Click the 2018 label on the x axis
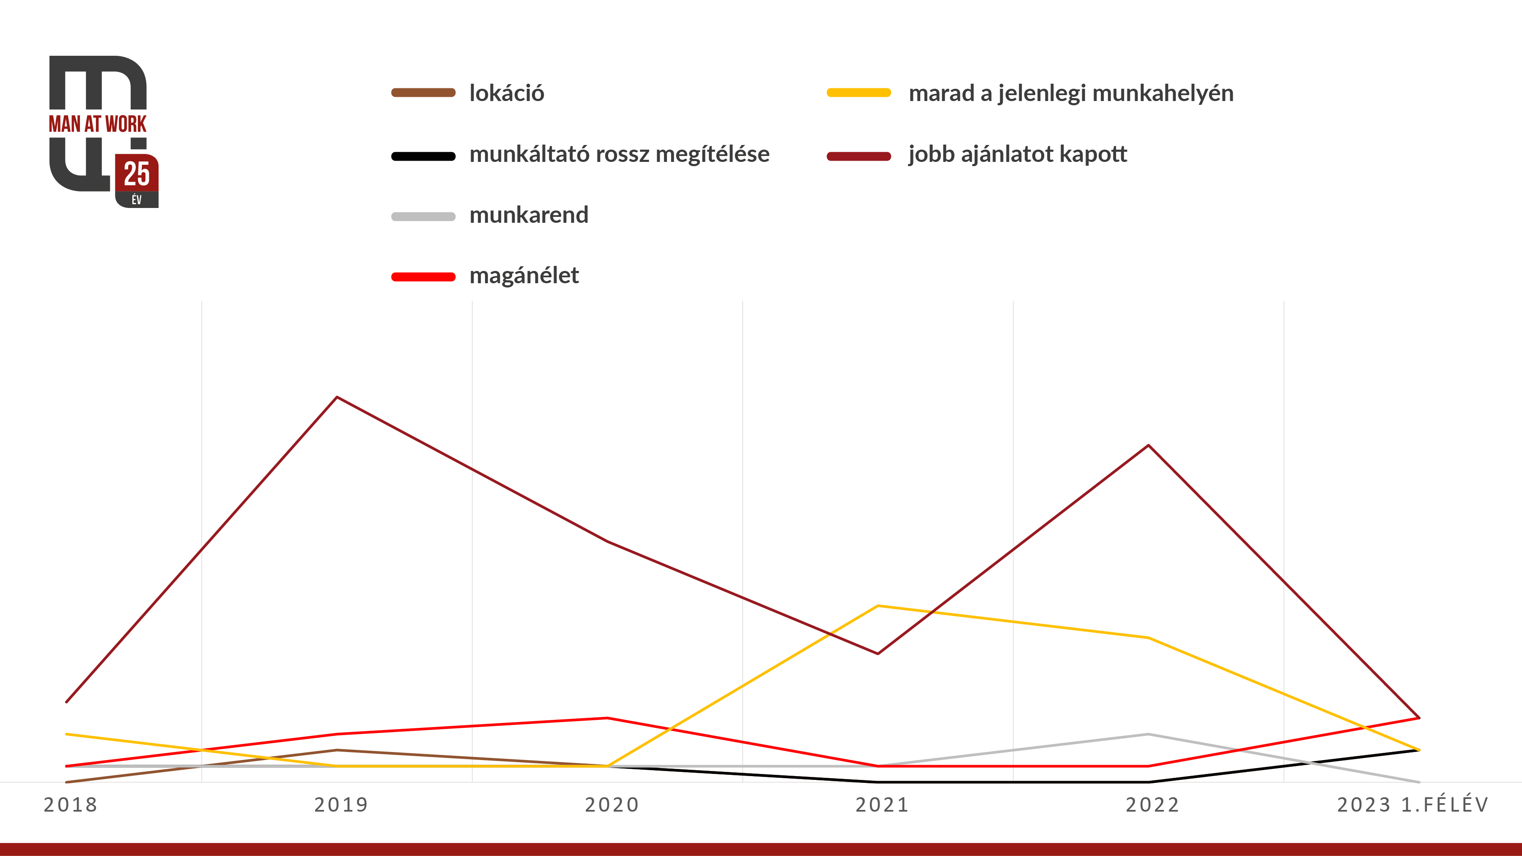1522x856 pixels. point(70,804)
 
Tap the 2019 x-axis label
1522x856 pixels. point(341,804)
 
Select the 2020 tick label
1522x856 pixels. point(612,804)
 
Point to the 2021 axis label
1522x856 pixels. point(882,804)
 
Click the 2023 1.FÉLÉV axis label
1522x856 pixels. point(1412,804)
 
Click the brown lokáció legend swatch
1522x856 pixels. point(423,93)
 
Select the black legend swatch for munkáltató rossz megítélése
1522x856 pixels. point(423,156)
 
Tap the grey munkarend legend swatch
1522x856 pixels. point(423,217)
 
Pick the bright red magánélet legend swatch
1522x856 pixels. point(423,277)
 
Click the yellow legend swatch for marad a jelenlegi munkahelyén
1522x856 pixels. point(858,93)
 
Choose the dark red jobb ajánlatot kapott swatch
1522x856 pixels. point(858,156)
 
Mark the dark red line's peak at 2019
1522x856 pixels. point(337,398)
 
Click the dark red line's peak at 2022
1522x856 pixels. point(1148,446)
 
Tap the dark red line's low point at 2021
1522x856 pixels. point(878,654)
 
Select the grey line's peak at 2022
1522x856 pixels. point(1148,734)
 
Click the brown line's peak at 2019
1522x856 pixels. point(337,750)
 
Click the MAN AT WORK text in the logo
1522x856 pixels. point(98,124)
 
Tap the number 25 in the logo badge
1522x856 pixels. point(137,174)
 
